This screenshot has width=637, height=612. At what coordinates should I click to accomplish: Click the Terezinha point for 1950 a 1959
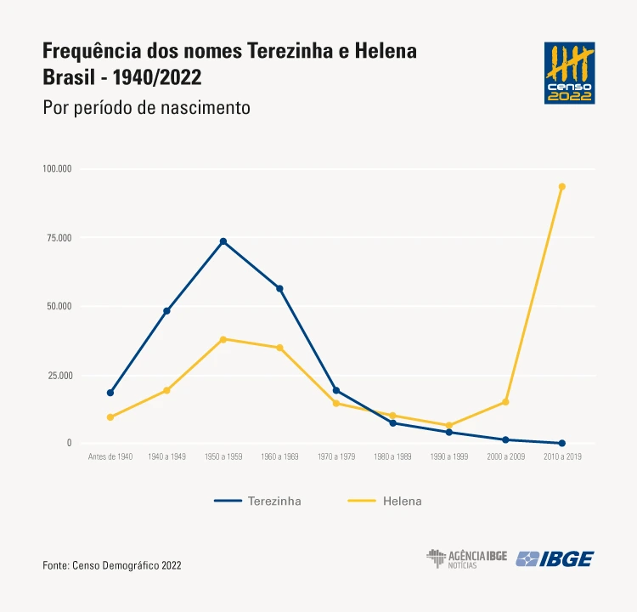point(223,241)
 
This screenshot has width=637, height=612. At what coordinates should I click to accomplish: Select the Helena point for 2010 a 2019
point(562,186)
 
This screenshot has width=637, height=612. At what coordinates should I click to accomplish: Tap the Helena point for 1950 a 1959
point(223,339)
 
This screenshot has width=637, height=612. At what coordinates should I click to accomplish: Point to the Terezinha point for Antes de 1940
point(110,393)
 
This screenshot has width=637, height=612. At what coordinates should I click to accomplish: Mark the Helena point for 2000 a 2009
point(505,402)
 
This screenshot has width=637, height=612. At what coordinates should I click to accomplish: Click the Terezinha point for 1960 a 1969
point(279,288)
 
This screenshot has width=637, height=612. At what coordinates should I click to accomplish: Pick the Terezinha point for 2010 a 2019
point(562,443)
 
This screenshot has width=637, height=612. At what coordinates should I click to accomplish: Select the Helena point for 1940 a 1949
point(166,390)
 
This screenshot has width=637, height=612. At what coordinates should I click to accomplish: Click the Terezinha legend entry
point(258,501)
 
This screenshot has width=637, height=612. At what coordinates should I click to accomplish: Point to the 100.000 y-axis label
point(57,168)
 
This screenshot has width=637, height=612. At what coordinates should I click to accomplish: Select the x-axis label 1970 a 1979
point(336,457)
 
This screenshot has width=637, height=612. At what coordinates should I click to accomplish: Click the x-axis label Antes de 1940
point(110,457)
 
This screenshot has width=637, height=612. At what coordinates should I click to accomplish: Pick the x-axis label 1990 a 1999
point(449,457)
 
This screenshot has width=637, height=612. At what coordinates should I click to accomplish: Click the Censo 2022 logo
point(569,73)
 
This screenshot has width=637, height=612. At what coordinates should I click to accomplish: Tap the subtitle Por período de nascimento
point(145,108)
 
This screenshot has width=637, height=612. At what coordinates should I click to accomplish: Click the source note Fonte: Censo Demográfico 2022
point(112,564)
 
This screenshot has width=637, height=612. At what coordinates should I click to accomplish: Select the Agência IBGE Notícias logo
point(466,558)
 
